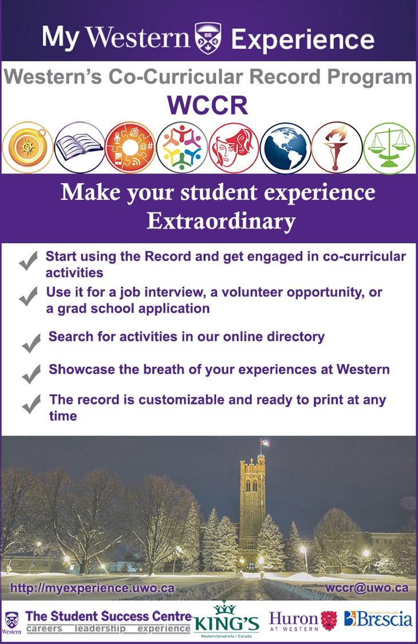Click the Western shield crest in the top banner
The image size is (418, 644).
point(208,38)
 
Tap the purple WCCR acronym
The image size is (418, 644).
point(207,105)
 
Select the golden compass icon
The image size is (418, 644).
point(27,148)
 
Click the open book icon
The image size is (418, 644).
point(80,148)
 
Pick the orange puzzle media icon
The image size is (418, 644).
point(131,148)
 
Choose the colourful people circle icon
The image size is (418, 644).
point(182,148)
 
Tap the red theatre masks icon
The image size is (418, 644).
point(234,148)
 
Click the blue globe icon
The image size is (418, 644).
point(286,148)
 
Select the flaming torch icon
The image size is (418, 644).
point(337,148)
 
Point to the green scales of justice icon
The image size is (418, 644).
point(389,148)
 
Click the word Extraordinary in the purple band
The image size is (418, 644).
point(221,222)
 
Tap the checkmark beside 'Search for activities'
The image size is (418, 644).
point(31,343)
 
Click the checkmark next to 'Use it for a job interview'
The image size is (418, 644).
point(29,296)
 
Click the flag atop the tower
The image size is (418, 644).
point(265,443)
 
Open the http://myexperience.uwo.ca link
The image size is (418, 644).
point(93,588)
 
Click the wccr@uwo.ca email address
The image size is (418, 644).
point(367,588)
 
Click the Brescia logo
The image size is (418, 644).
point(378,619)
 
